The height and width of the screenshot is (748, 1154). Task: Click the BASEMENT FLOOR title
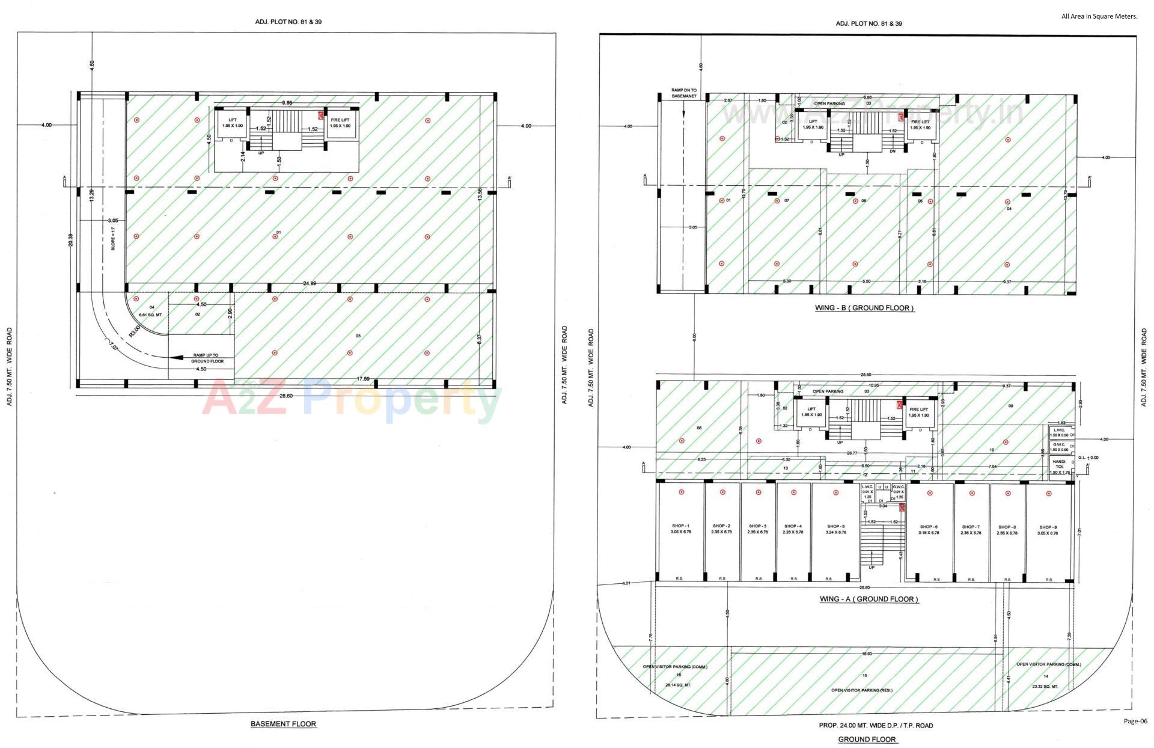(x=283, y=724)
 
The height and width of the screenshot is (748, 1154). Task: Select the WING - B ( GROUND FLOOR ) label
(x=864, y=308)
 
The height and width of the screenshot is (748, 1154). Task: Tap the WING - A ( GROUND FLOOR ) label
(x=869, y=599)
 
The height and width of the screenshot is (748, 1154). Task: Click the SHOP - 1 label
(x=680, y=529)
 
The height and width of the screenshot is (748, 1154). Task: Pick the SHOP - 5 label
(x=835, y=529)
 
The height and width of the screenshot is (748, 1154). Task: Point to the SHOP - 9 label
(x=1048, y=529)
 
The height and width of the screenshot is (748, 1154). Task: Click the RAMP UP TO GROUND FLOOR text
(x=207, y=358)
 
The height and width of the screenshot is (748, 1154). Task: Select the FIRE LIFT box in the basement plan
(x=340, y=123)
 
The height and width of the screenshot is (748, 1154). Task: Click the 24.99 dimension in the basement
(x=310, y=283)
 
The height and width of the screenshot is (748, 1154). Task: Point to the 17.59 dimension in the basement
(x=363, y=379)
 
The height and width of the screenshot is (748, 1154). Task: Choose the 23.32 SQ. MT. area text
(x=1045, y=686)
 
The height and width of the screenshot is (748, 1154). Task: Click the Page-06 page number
(x=1135, y=721)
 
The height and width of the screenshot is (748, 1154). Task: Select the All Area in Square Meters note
(x=1099, y=16)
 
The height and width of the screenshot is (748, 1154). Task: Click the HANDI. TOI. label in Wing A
(x=1058, y=464)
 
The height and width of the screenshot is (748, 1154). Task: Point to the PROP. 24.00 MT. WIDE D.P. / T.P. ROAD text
(x=875, y=725)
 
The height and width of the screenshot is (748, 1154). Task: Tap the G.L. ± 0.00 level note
(x=1088, y=458)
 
